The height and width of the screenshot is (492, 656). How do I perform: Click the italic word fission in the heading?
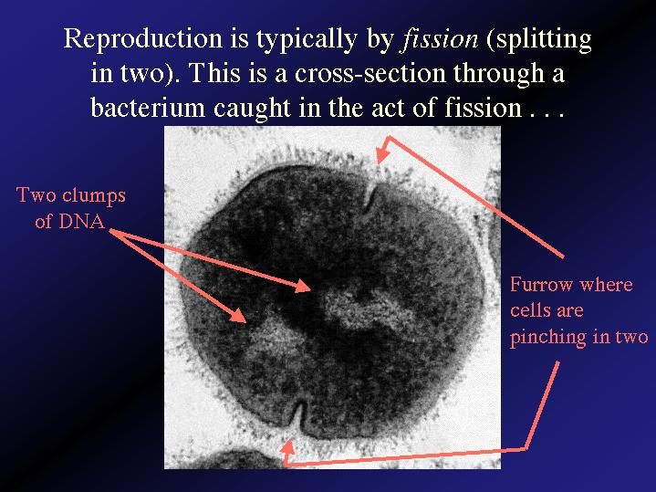439,39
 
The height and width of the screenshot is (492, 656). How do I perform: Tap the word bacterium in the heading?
148,107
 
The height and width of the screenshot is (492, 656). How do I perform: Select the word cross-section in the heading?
370,73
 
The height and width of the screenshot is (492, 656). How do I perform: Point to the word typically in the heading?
307,40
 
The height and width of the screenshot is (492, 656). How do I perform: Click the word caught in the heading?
252,108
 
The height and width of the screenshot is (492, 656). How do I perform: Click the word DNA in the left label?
81,221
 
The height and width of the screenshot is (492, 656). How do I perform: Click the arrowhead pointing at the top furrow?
383,150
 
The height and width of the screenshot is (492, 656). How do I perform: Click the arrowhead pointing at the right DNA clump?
302,286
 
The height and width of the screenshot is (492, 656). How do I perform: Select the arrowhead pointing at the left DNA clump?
239,316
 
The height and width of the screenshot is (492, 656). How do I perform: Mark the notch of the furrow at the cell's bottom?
299,415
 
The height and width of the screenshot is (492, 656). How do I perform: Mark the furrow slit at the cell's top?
370,198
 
